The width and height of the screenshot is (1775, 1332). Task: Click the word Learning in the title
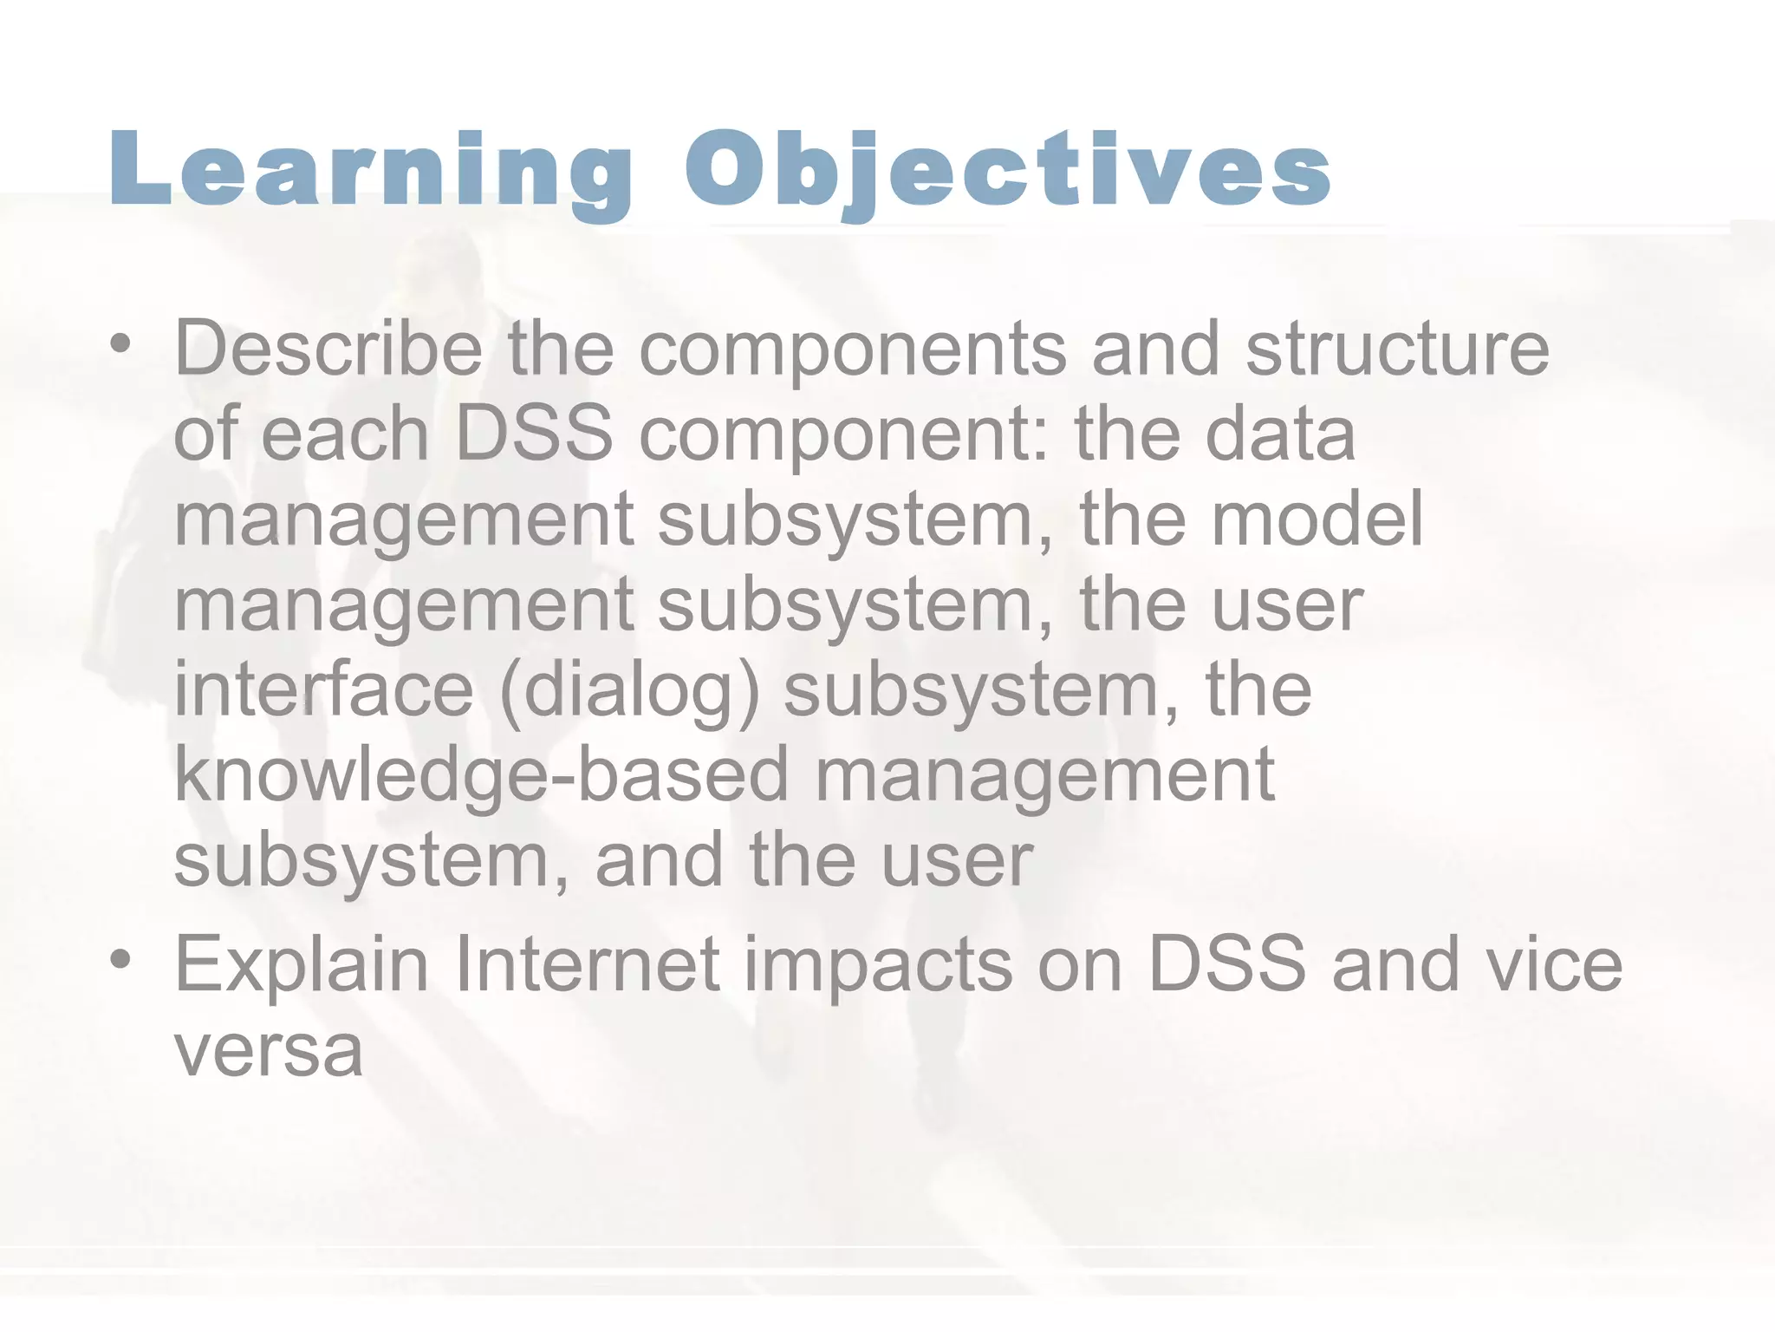pyautogui.click(x=371, y=171)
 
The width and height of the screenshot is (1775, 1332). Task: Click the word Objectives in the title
pyautogui.click(x=1007, y=171)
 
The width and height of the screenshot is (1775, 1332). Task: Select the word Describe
pyautogui.click(x=328, y=349)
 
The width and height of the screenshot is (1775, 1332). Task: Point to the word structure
pyautogui.click(x=1397, y=349)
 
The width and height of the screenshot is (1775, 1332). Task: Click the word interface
pyautogui.click(x=324, y=690)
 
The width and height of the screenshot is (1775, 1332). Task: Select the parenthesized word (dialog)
pyautogui.click(x=629, y=692)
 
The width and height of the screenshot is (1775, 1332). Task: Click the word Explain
pyautogui.click(x=302, y=966)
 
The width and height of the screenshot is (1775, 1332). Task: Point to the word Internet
pyautogui.click(x=587, y=964)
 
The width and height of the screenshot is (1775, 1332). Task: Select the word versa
pyautogui.click(x=269, y=1052)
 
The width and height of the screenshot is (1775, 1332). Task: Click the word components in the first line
pyautogui.click(x=854, y=350)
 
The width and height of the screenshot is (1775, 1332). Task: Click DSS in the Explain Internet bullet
pyautogui.click(x=1226, y=964)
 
